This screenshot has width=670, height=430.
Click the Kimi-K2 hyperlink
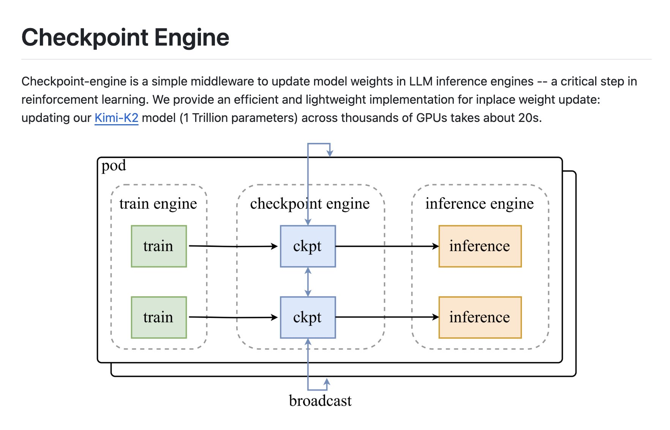[x=116, y=118]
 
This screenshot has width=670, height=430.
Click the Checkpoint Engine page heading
[x=125, y=37]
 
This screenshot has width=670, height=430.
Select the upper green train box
[x=159, y=246]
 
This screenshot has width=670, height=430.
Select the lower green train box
[x=159, y=317]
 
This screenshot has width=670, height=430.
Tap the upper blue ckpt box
[x=308, y=246]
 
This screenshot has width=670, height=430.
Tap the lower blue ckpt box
[x=308, y=317]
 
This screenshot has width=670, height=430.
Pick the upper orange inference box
[x=480, y=246]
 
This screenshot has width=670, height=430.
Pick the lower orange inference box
[x=480, y=317]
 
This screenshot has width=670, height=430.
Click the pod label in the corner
[x=114, y=166]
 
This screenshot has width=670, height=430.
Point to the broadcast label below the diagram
[x=320, y=401]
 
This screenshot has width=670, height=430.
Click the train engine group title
[x=158, y=204]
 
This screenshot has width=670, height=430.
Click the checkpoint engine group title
[x=310, y=204]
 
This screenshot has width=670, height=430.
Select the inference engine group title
[x=479, y=204]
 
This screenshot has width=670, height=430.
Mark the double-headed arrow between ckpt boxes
[x=308, y=282]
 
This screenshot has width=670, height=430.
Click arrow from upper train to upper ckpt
[x=233, y=247]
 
